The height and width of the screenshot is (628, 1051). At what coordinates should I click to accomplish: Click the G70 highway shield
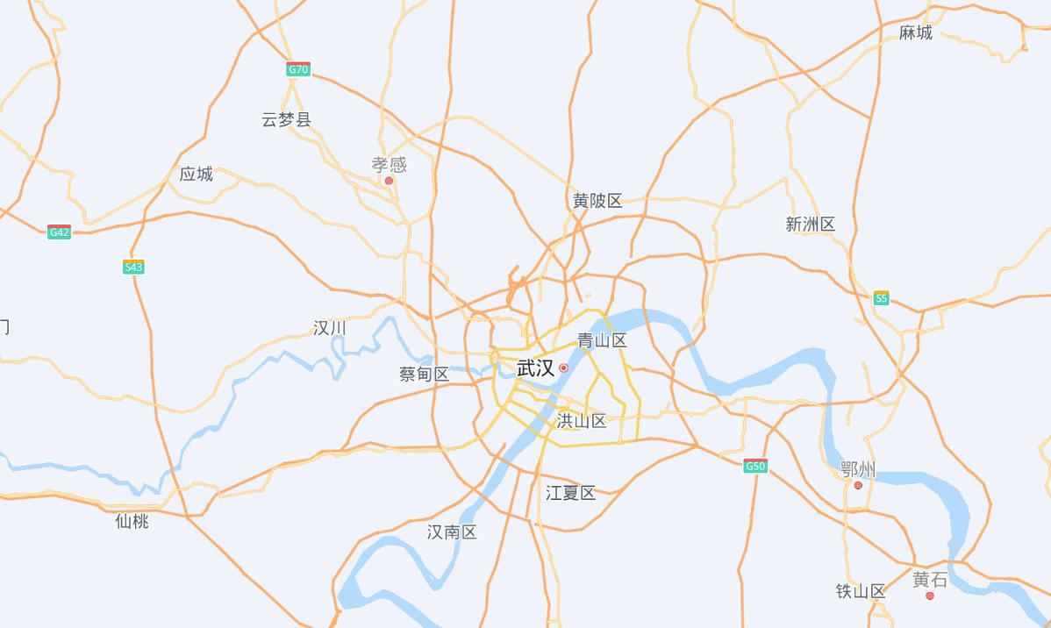click(298, 69)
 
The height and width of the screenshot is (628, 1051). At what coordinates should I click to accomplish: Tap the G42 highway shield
click(59, 232)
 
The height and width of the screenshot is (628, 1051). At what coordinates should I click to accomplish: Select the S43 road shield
click(133, 268)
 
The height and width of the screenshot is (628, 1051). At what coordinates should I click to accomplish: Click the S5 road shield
click(881, 298)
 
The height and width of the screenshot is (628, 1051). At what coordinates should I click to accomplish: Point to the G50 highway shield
click(755, 466)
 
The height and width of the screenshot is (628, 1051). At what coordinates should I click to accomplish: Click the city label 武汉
click(535, 368)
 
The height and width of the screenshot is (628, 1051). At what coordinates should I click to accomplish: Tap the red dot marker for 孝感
click(389, 181)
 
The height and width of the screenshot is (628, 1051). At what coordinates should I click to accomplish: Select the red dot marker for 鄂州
click(858, 485)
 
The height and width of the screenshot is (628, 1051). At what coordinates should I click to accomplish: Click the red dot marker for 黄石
click(930, 596)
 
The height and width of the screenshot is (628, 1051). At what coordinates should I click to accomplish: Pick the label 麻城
click(916, 32)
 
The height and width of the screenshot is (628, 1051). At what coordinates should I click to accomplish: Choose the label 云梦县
click(286, 119)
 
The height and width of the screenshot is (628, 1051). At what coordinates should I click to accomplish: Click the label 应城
click(197, 174)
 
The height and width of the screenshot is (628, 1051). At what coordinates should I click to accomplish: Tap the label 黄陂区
click(597, 201)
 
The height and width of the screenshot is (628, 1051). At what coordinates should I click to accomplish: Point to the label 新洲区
click(811, 225)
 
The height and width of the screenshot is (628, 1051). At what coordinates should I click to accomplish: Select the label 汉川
click(330, 328)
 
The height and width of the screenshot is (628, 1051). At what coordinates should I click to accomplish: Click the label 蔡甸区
click(424, 375)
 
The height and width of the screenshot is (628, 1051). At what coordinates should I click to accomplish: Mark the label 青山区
click(602, 341)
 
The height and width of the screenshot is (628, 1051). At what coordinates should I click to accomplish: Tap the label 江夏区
click(570, 493)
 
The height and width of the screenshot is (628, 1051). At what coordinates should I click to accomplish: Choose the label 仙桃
click(132, 521)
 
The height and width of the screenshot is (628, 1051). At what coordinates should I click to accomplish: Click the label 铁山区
click(861, 591)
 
